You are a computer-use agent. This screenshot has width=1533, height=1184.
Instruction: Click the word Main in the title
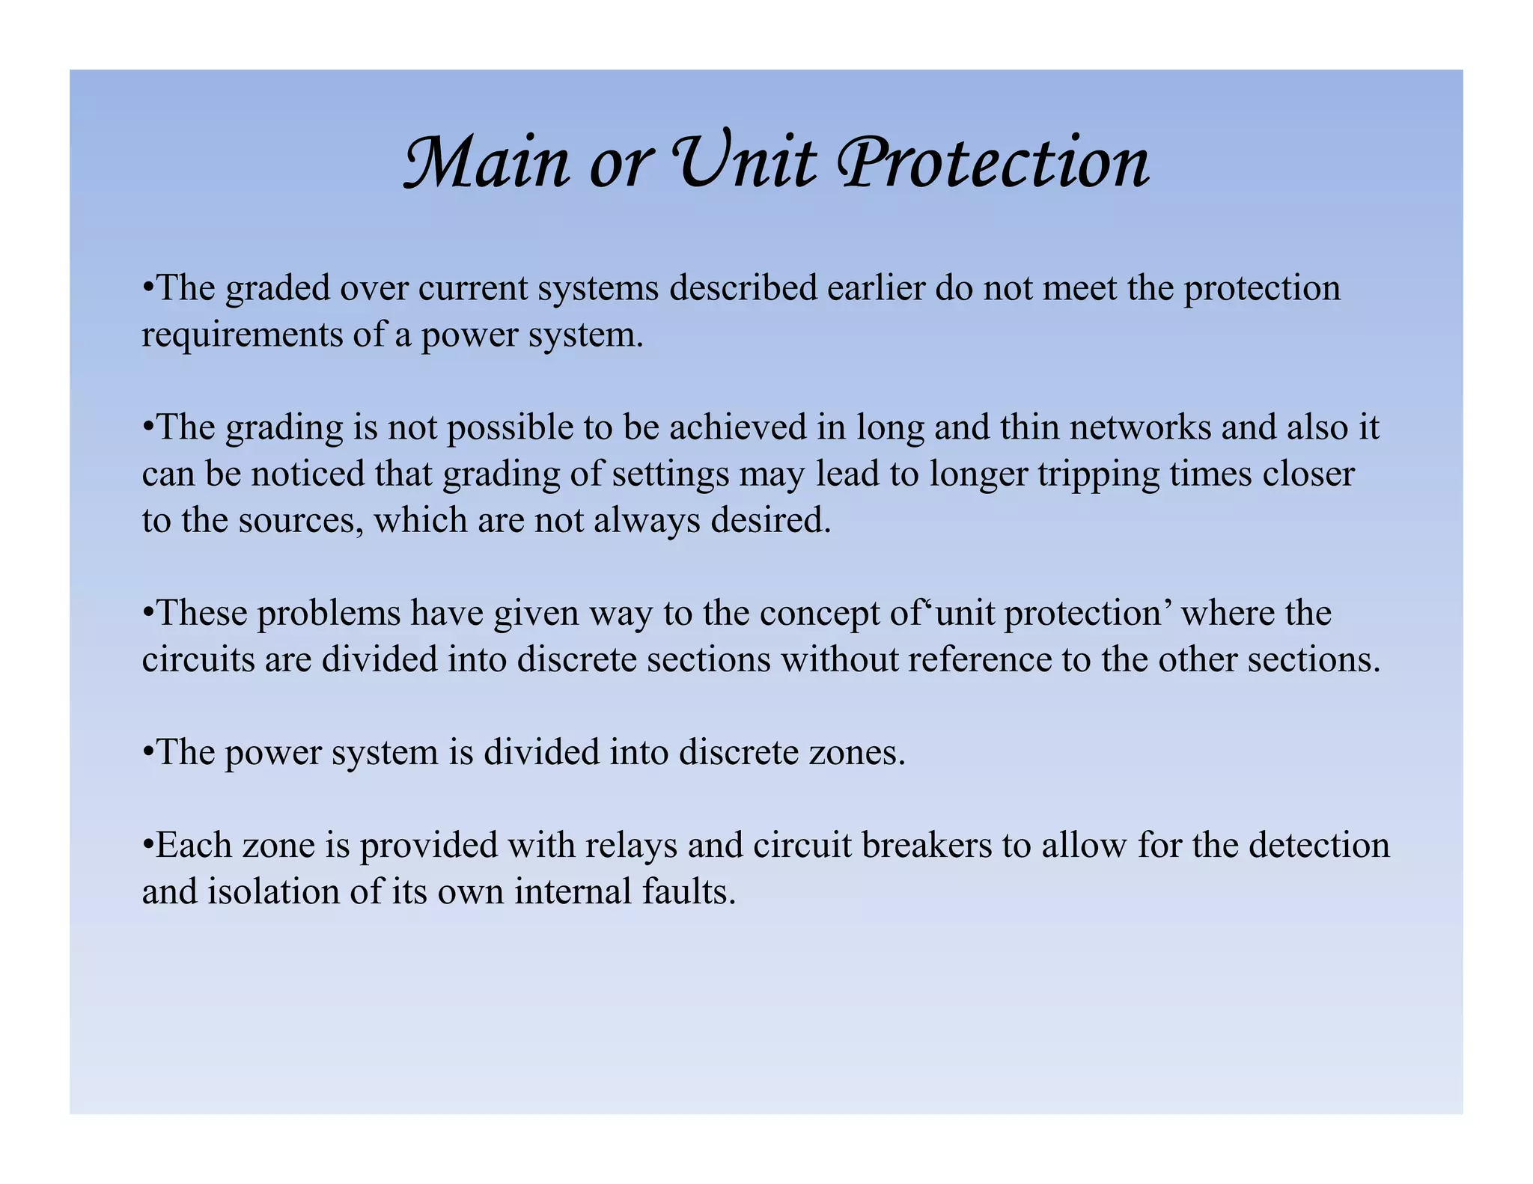[x=486, y=162]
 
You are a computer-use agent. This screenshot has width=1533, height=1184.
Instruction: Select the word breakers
[x=931, y=846]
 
